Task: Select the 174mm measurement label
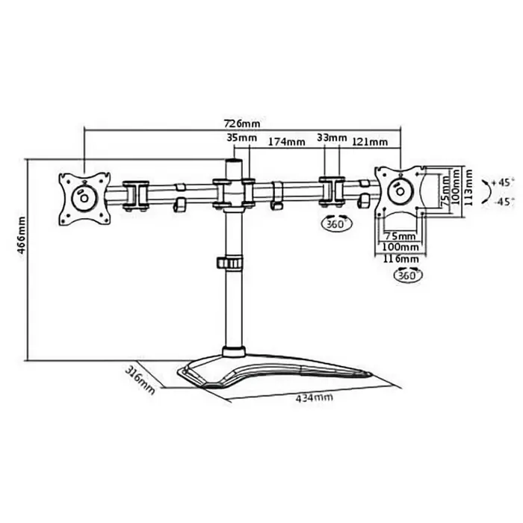click(287, 141)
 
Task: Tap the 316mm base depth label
click(141, 380)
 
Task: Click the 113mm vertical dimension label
click(468, 190)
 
